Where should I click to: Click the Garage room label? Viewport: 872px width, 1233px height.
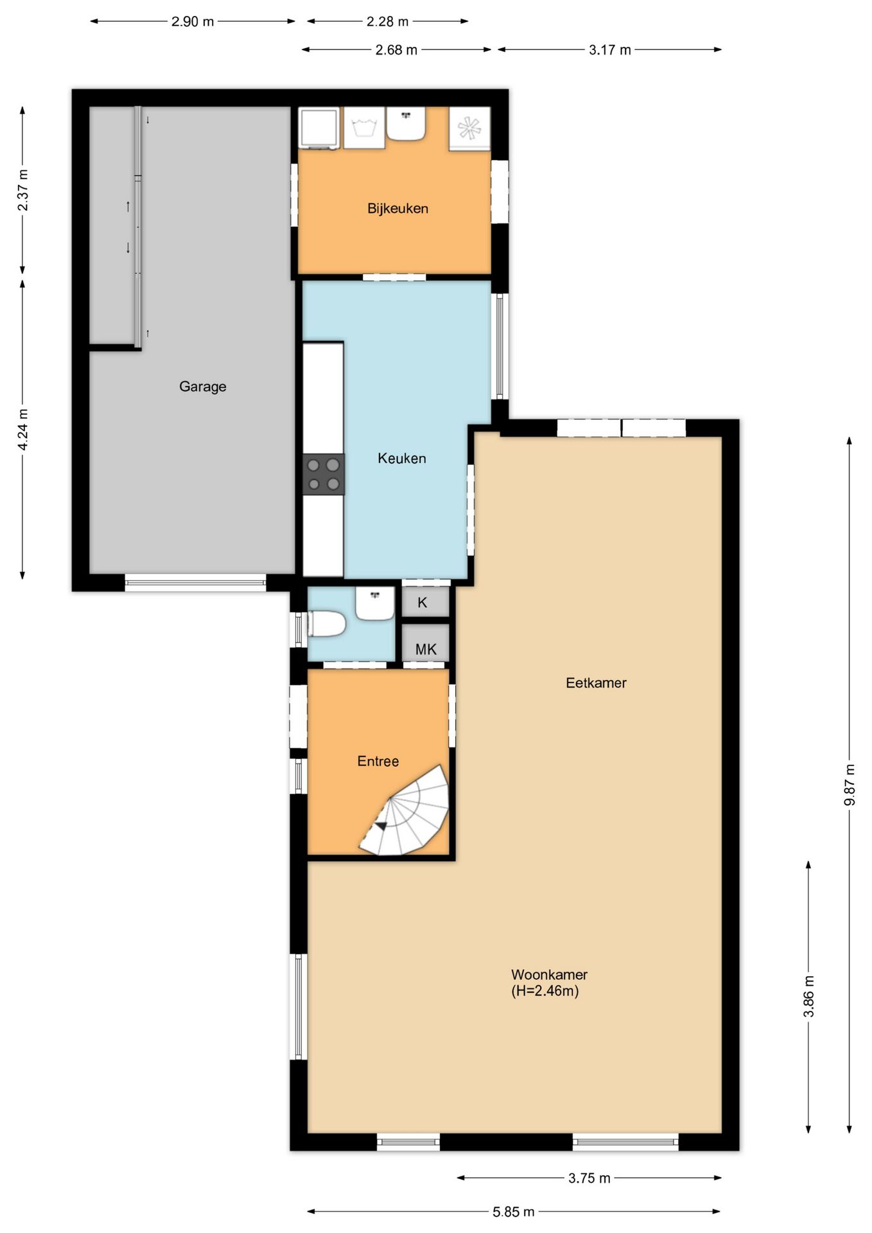point(202,387)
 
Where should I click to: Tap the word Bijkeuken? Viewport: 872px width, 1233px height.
point(397,208)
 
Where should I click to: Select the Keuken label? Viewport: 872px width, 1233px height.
point(402,459)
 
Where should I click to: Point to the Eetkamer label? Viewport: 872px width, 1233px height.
point(596,683)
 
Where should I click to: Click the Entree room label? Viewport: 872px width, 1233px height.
point(378,761)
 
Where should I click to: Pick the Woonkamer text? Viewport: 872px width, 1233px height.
point(549,974)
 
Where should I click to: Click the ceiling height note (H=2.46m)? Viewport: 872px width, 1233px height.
point(545,991)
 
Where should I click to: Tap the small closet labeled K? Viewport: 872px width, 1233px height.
point(425,602)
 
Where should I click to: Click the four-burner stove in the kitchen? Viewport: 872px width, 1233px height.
point(324,475)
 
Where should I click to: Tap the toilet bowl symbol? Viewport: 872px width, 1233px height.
point(327,624)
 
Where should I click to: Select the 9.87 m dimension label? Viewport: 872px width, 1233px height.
point(850,785)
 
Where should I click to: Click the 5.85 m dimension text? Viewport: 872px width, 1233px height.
point(514,1212)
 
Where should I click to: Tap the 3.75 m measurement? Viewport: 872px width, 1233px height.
point(589,1178)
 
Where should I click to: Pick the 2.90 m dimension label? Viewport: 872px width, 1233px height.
point(193,21)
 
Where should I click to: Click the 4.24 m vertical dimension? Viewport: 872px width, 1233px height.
point(22,429)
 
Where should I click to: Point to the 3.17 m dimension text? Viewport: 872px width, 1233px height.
point(610,49)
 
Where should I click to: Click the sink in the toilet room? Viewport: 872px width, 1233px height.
point(375,604)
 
